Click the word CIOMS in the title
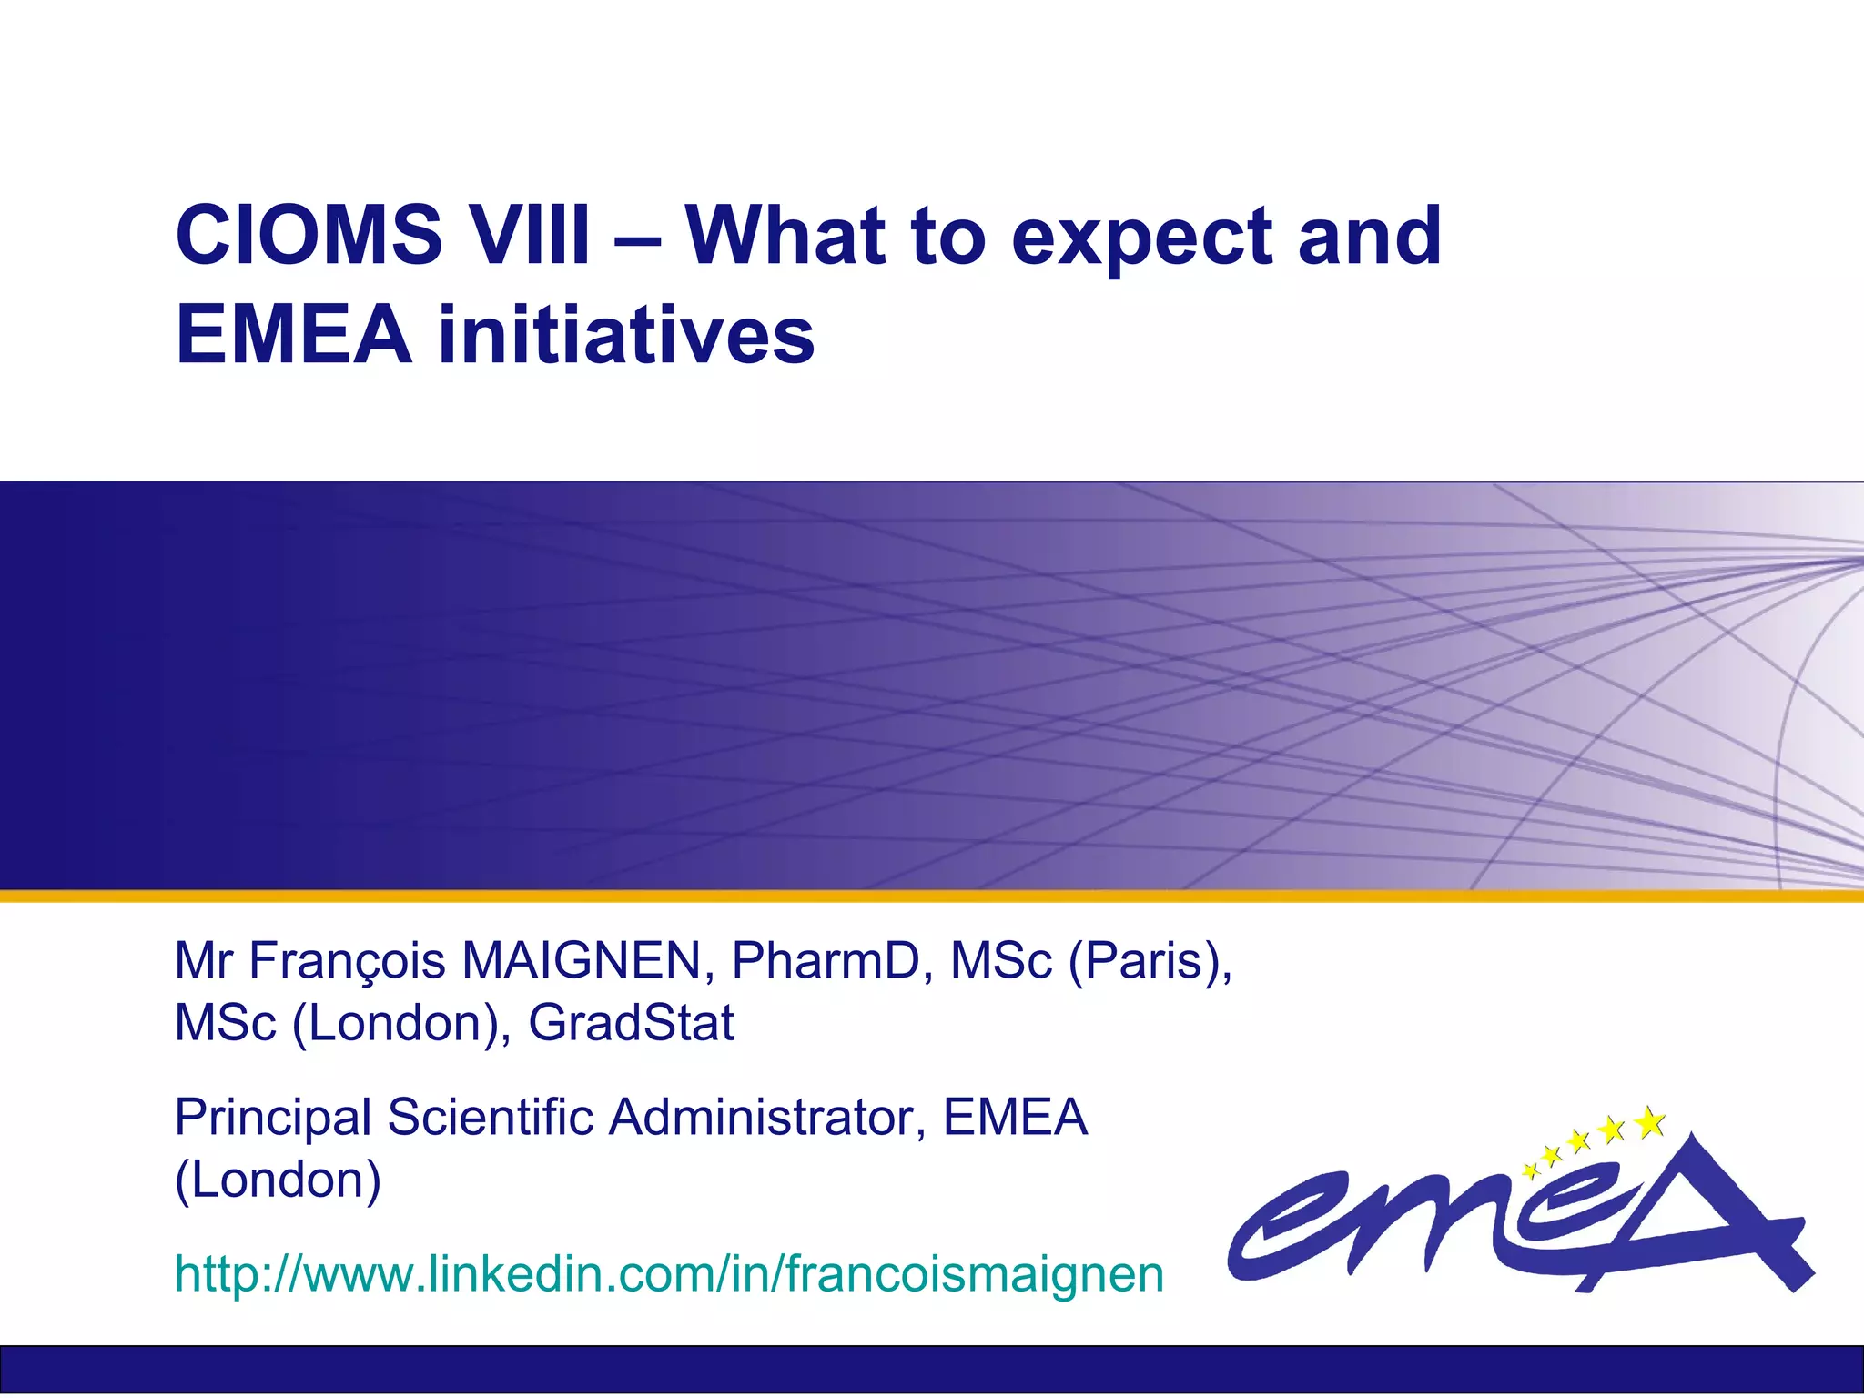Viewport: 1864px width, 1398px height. [x=309, y=236]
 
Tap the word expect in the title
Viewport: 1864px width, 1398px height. [x=1141, y=238]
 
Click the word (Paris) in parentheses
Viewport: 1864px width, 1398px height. [x=1149, y=962]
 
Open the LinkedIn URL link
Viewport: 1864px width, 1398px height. [x=669, y=1273]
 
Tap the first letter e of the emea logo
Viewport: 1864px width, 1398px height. [x=1283, y=1224]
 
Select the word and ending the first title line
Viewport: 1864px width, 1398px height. [x=1369, y=236]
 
